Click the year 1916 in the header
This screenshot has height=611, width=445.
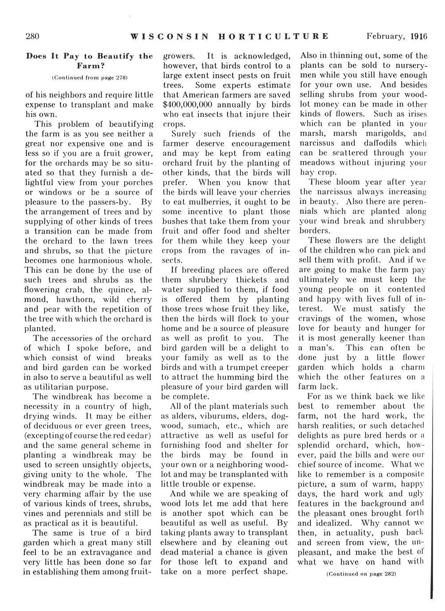coord(418,36)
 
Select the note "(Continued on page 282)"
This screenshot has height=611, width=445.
coord(360,573)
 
